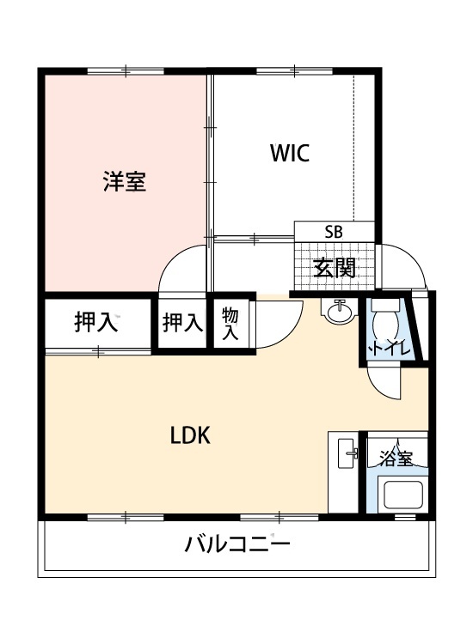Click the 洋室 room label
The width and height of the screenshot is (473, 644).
point(125,182)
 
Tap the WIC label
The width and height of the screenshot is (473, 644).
point(289,154)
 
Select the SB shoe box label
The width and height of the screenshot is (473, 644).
point(334,232)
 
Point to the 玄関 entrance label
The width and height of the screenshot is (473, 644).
point(334,268)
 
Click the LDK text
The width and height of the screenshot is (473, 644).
point(190,434)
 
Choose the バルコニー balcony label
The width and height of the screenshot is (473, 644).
point(237,544)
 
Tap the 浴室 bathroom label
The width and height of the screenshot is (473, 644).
point(397,459)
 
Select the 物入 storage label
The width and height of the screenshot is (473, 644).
point(230,324)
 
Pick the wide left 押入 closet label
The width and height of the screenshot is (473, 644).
point(95,323)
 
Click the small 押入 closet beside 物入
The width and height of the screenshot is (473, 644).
point(182,324)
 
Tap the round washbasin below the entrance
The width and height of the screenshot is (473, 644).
point(339,313)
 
